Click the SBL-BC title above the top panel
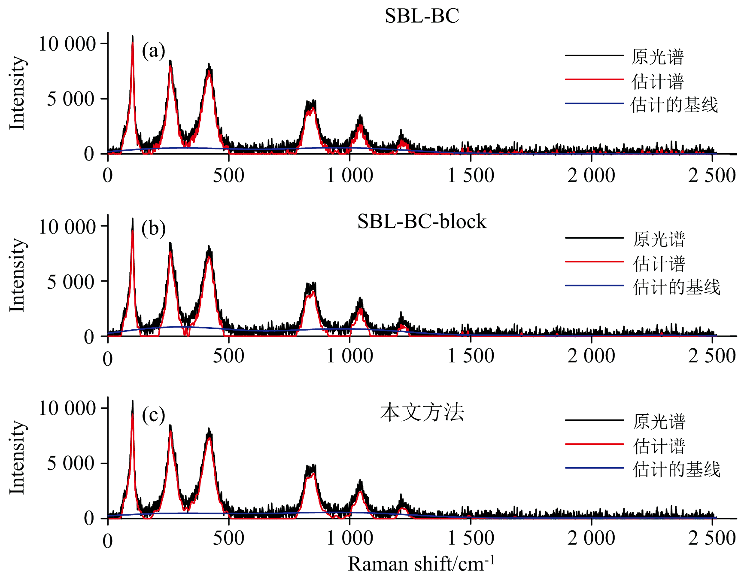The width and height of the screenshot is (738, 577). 422,16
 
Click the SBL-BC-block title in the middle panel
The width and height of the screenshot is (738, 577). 422,222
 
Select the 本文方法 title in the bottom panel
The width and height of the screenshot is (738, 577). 422,413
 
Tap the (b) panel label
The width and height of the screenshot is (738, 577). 153,228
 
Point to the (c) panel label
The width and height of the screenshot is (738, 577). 153,415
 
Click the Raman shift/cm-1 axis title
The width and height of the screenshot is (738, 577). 422,564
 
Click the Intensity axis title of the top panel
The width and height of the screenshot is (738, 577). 17,92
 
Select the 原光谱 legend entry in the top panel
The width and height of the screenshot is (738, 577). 657,57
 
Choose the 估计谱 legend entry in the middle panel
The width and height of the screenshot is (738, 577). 659,263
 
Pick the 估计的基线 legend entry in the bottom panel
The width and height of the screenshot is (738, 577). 676,469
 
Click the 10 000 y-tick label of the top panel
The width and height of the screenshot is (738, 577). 67,44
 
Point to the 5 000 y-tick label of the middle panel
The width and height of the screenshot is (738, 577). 71,282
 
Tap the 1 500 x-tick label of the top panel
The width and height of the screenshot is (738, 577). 471,176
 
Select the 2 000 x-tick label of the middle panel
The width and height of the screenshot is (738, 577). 591,356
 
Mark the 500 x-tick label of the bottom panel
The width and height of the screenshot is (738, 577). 228,538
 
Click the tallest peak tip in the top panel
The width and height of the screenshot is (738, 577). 133,37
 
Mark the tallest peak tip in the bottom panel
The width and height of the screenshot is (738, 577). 133,401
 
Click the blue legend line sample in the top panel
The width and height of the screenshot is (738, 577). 594,103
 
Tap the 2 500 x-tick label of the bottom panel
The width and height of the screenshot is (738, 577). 712,538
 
